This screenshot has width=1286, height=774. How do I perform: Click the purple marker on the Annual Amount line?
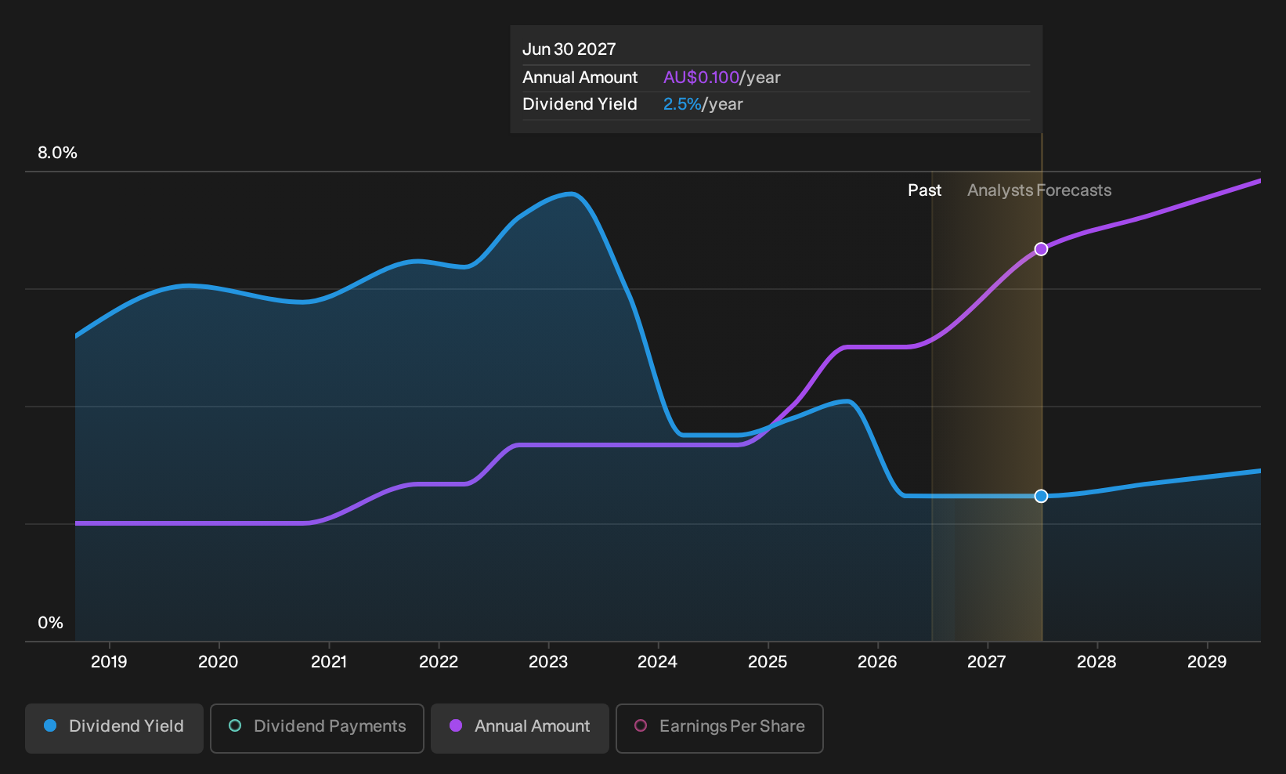[1041, 249]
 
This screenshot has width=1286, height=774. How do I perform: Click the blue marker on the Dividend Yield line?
[1041, 496]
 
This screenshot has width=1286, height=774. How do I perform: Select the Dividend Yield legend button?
[114, 728]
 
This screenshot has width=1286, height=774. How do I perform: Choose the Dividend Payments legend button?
[317, 728]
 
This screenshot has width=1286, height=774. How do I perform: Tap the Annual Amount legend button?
[519, 728]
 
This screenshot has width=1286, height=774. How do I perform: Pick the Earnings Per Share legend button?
[719, 728]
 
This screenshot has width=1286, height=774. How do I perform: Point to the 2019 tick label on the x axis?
[109, 662]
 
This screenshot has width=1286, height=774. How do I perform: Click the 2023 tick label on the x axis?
[548, 662]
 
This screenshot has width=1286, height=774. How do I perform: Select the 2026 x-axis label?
[877, 662]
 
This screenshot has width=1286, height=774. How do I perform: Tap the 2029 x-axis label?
[1207, 662]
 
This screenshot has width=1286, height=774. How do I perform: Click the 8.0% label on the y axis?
[57, 153]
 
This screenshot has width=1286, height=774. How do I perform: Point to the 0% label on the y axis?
[51, 623]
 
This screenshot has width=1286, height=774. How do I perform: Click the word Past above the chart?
[924, 190]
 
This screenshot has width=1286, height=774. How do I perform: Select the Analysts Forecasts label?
[1039, 190]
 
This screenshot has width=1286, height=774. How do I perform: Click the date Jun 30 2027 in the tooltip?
[569, 49]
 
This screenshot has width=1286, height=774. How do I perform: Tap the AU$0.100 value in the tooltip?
[701, 78]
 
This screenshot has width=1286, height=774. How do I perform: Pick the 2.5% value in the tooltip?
[682, 104]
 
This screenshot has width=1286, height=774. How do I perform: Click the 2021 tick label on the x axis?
[329, 662]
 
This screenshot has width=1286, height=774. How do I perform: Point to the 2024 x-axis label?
[657, 662]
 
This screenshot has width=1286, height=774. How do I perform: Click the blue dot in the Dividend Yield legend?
[51, 725]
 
